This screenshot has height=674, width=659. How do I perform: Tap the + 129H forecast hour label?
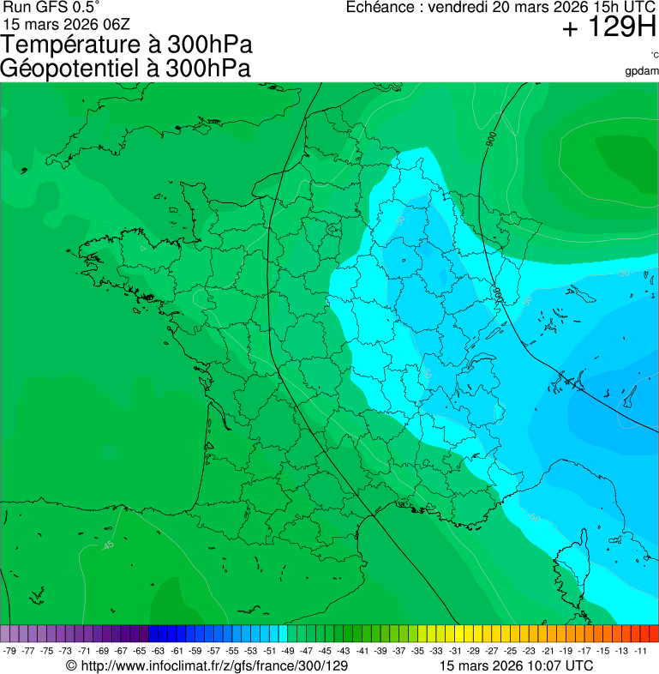tap(608, 29)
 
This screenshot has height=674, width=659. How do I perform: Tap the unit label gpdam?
tap(642, 70)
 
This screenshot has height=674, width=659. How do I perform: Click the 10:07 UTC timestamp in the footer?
tap(557, 665)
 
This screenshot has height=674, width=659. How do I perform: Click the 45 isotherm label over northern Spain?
tap(108, 545)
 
